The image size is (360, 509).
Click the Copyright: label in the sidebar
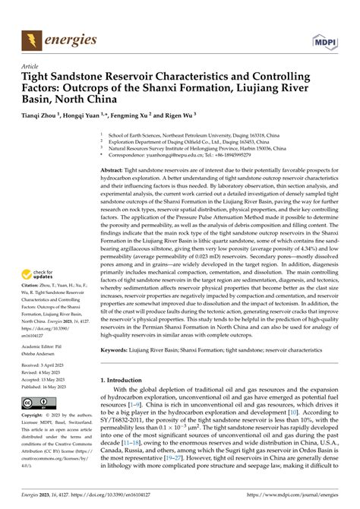(33, 417)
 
